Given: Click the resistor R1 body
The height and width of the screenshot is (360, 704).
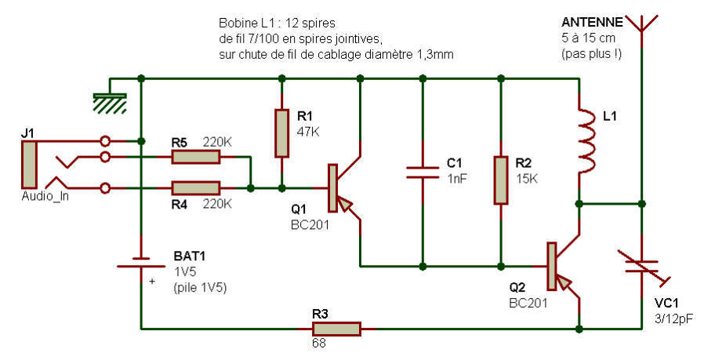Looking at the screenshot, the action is pyautogui.click(x=281, y=133).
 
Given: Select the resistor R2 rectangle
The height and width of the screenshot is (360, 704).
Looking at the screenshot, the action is pyautogui.click(x=501, y=180).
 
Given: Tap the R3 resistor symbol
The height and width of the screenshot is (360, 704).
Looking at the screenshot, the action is pyautogui.click(x=336, y=329).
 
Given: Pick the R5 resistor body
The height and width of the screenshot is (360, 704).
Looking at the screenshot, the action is pyautogui.click(x=196, y=157).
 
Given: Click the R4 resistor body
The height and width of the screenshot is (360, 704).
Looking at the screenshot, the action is pyautogui.click(x=196, y=188).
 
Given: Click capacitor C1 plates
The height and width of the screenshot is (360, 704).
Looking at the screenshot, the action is pyautogui.click(x=422, y=173).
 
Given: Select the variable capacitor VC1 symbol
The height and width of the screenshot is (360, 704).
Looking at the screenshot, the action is pyautogui.click(x=642, y=267).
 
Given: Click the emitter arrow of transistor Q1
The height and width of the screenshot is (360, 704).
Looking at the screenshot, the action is pyautogui.click(x=344, y=204).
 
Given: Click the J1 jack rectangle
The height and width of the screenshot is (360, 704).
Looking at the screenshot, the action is pyautogui.click(x=29, y=165).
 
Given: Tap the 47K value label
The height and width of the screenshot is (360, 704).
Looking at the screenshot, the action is pyautogui.click(x=308, y=132).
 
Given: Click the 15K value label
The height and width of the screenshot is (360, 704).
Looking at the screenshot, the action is pyautogui.click(x=527, y=178).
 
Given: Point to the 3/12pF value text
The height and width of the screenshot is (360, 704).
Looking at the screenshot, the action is pyautogui.click(x=673, y=319).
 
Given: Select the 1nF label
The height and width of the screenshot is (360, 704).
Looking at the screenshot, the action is pyautogui.click(x=457, y=178).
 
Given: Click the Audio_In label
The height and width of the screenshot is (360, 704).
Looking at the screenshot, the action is pyautogui.click(x=45, y=196).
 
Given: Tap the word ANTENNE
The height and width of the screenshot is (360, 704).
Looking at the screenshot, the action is pyautogui.click(x=592, y=22).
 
